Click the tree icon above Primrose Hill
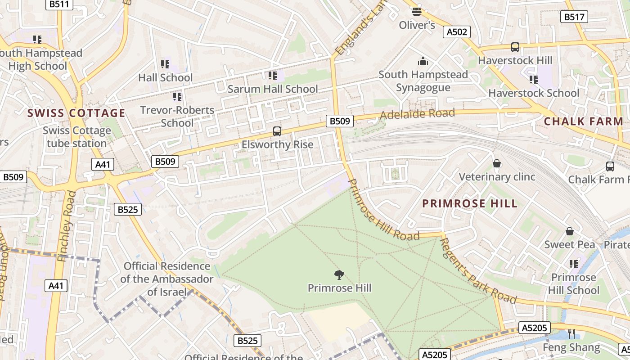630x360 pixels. [339, 274]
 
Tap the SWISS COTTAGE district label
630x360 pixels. [76, 113]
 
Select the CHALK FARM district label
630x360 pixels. [583, 121]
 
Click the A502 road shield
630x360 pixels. [457, 32]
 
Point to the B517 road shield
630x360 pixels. [574, 17]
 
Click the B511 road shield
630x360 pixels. [59, 4]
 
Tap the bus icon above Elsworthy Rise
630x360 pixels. [277, 131]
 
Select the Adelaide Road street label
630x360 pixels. [417, 114]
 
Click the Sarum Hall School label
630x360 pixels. [273, 89]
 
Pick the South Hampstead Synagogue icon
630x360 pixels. [423, 61]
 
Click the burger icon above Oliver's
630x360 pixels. [417, 11]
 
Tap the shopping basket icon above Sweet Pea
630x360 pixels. [570, 231]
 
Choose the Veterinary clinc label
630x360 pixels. [497, 176]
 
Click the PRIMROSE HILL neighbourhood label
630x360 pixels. [470, 203]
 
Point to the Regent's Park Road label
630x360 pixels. [478, 271]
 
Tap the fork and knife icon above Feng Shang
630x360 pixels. [571, 333]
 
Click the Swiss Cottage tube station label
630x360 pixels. [77, 137]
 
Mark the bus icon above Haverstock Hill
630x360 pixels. [515, 47]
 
